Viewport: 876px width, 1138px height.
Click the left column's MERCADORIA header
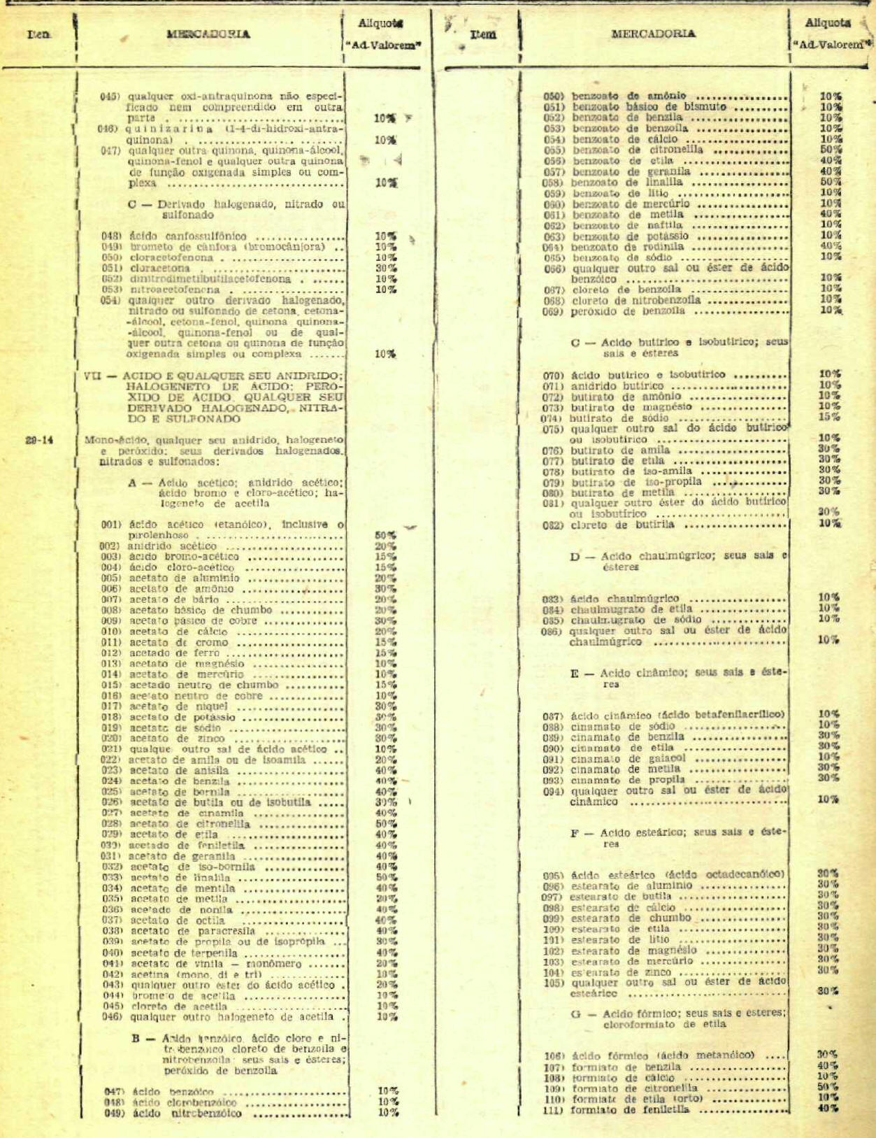tap(208, 34)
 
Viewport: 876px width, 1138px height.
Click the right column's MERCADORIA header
tap(653, 34)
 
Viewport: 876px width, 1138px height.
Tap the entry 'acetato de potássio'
tap(182, 718)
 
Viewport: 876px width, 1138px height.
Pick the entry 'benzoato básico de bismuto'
tap(649, 107)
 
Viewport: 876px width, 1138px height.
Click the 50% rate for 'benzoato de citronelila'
tap(831, 150)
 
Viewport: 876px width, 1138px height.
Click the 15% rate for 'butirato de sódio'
tap(829, 417)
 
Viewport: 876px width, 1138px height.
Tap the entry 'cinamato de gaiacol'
tap(628, 758)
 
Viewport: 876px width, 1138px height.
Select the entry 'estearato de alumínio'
tap(632, 885)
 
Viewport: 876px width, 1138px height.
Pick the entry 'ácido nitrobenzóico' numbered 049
tap(187, 1114)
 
